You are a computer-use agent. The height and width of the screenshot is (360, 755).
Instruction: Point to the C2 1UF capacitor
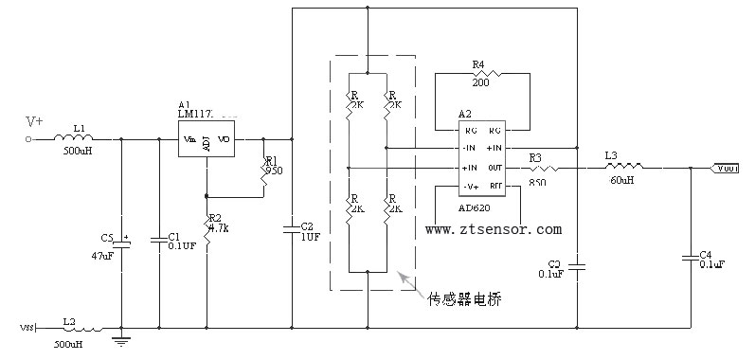tap(292, 228)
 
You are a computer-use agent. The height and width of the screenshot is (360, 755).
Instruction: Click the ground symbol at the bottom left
tap(121, 338)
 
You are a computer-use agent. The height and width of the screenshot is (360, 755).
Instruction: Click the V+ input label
tap(34, 121)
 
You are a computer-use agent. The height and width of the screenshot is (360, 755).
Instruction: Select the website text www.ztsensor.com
tap(493, 229)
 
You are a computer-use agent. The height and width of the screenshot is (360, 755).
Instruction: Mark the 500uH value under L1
tap(78, 152)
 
